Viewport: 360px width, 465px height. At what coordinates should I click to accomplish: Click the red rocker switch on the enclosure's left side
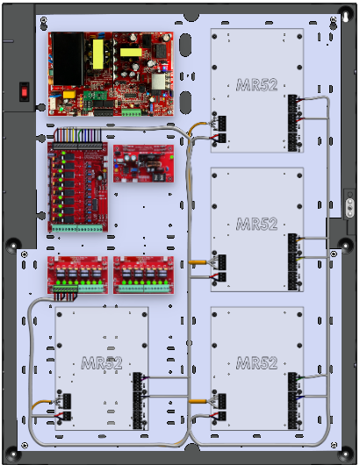pos(25,92)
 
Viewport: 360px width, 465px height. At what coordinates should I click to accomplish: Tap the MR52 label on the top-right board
pos(257,85)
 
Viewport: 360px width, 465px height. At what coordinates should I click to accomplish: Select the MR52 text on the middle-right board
pos(257,224)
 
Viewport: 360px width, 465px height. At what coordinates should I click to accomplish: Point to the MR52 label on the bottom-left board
pos(102,362)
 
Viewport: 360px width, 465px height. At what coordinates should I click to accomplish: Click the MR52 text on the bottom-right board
pos(257,362)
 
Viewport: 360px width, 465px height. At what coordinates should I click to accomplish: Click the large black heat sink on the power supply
pos(68,59)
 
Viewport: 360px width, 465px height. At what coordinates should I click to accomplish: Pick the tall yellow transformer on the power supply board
pos(98,54)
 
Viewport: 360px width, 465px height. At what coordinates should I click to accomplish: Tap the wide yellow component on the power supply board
pos(131,53)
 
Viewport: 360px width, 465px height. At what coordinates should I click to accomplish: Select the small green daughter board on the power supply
pos(91,97)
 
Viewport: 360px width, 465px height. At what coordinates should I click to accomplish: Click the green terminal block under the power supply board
pos(131,112)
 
